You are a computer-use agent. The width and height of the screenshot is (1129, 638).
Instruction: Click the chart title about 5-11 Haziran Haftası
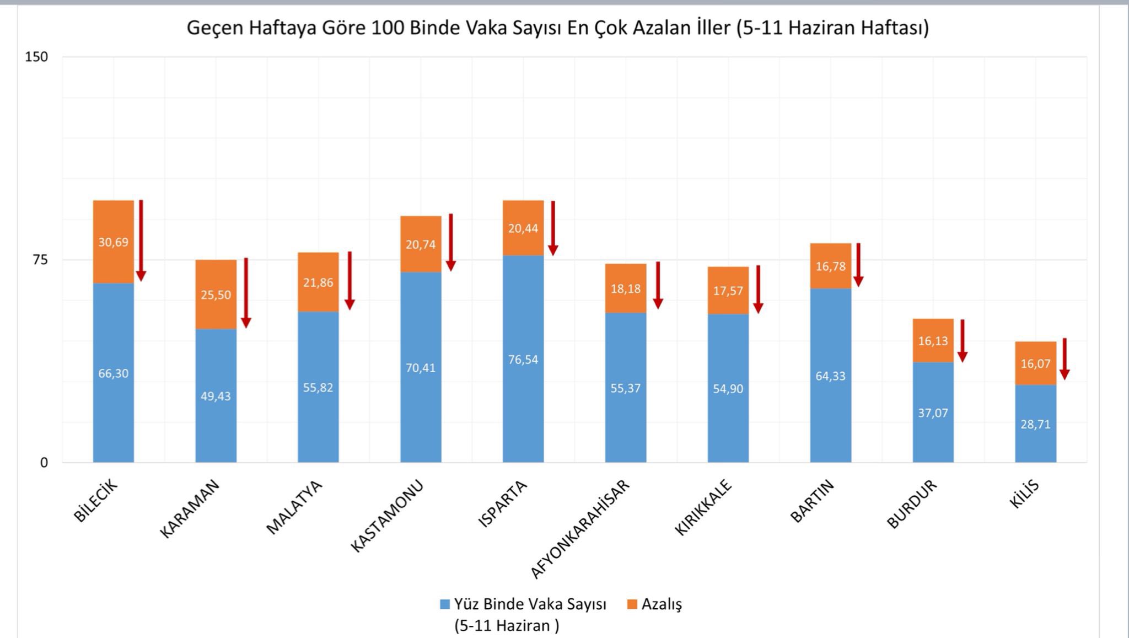pos(557,28)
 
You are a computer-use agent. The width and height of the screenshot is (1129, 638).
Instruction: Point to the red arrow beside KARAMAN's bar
pos(246,292)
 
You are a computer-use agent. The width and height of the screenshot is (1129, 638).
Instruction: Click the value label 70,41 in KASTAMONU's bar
pos(421,368)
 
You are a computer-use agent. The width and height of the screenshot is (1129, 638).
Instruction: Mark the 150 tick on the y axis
pos(36,57)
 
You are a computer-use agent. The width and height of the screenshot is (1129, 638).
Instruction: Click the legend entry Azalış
pos(654,604)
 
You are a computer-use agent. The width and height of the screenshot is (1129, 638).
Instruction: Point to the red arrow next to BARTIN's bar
pos(858,265)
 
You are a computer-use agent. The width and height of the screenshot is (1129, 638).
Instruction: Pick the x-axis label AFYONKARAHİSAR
pos(580,529)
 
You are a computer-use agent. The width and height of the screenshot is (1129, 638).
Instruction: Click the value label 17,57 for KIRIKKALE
pos(728,291)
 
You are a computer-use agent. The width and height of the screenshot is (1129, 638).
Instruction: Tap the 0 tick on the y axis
pos(44,463)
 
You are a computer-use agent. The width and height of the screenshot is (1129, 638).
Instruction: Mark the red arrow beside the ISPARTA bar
pos(553,228)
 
